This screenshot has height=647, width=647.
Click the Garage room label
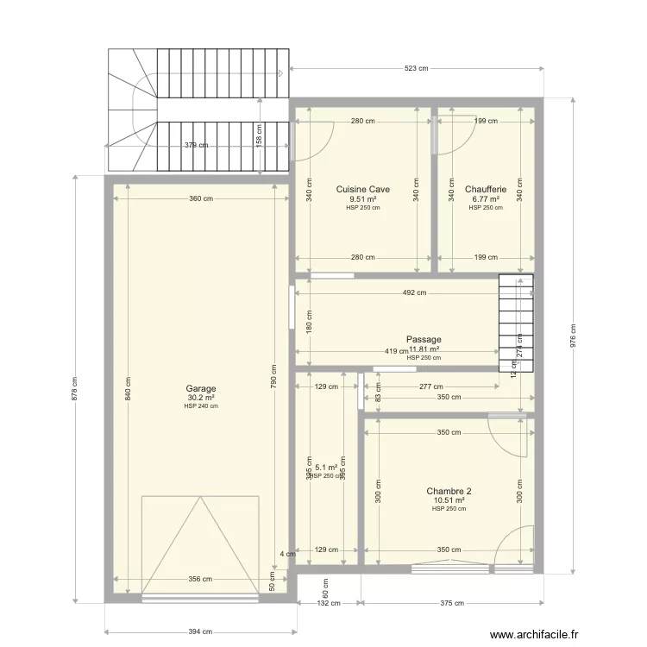[200, 389]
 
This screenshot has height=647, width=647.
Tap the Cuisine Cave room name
[362, 189]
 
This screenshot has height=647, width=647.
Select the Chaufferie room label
[486, 189]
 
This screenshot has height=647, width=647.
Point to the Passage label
[424, 340]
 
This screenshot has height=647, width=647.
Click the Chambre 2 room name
[449, 491]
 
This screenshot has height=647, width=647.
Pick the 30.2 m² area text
[200, 398]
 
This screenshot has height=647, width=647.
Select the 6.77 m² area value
[486, 198]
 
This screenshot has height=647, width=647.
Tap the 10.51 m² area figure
[449, 500]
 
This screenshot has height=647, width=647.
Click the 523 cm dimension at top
[413, 68]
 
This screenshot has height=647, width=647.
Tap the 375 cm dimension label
[447, 604]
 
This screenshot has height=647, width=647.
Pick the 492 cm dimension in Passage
[414, 292]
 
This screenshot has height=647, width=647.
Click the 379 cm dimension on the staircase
[196, 145]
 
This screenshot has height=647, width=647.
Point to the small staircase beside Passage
[517, 323]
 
